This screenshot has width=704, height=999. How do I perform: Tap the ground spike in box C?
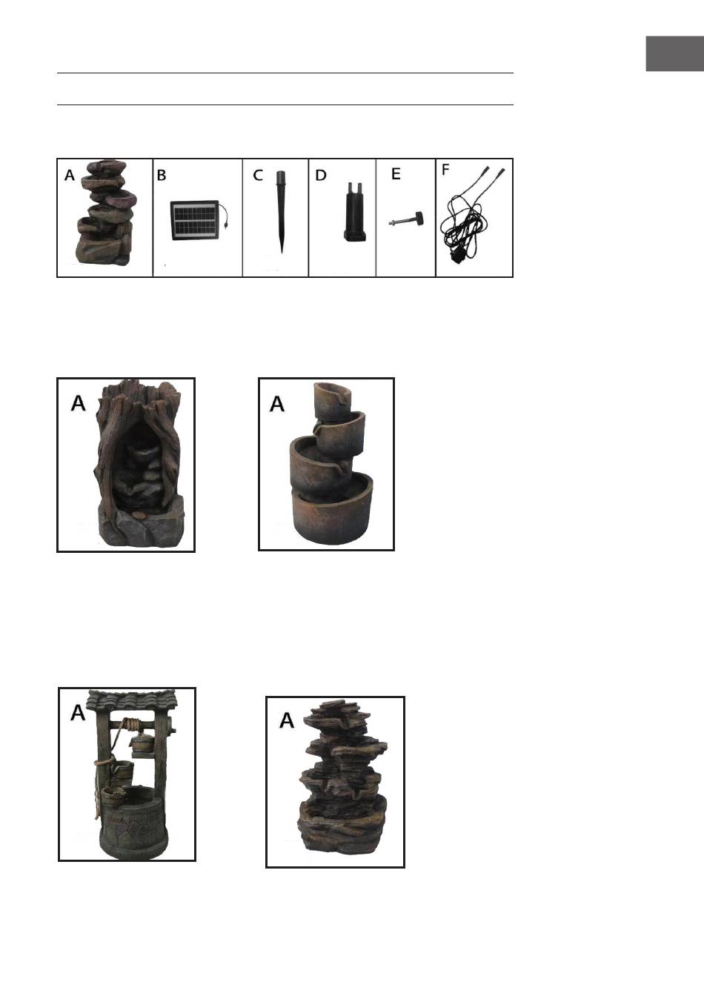click(x=281, y=212)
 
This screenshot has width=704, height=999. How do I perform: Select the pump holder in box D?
click(x=354, y=212)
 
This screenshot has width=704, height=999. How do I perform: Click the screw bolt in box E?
click(x=406, y=219)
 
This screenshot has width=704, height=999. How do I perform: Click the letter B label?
click(x=162, y=176)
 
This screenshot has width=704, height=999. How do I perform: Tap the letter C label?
click(x=258, y=176)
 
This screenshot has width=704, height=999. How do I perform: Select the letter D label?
click(x=321, y=176)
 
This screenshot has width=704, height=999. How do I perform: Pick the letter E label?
click(x=396, y=174)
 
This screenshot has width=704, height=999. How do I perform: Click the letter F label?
click(x=445, y=170)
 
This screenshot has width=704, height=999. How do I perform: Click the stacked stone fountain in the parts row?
click(x=106, y=212)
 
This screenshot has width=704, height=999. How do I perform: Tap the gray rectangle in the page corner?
click(x=674, y=53)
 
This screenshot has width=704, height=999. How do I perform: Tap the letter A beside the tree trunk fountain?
click(x=78, y=404)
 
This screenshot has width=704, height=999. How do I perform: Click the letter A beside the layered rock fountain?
click(x=286, y=720)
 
